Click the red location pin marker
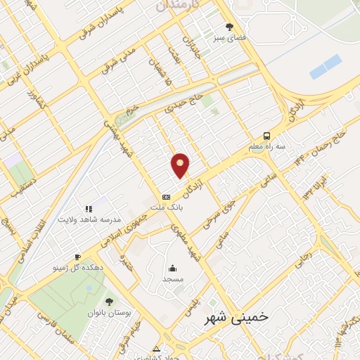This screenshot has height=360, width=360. coord(181,166)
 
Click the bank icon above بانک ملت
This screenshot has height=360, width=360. coord(167,198)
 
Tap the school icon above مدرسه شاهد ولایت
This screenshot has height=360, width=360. coord(89,209)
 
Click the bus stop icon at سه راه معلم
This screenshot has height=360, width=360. coord(266,136)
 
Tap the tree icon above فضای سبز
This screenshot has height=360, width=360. coord(229,27)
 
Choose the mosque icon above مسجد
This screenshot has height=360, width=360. coord(172,268)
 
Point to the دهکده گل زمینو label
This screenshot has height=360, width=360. coord(76,268)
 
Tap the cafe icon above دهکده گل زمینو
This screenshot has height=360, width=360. coord(76,257)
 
